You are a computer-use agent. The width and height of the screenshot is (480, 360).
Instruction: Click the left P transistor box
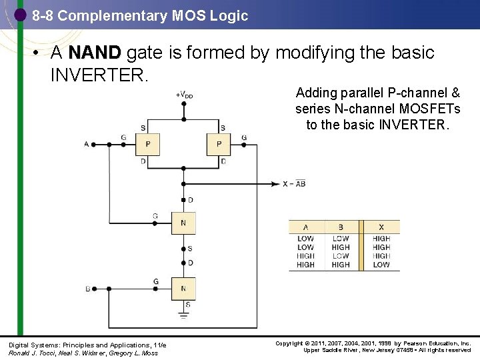click(x=148, y=143)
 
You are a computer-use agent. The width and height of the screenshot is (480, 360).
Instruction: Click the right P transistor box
click(x=218, y=143)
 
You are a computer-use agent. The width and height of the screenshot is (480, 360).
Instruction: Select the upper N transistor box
click(x=183, y=223)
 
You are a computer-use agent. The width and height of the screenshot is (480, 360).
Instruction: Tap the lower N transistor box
click(x=183, y=288)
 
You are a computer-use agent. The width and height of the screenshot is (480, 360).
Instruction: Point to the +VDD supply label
click(x=185, y=95)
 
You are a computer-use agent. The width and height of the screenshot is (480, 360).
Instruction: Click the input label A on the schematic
click(x=86, y=144)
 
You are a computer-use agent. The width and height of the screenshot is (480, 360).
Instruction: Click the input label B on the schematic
click(x=87, y=289)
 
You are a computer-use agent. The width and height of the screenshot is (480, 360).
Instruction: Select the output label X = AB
click(x=293, y=183)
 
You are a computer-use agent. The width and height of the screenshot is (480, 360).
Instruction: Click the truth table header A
click(x=305, y=227)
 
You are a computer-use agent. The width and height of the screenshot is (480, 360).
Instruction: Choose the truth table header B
click(x=341, y=227)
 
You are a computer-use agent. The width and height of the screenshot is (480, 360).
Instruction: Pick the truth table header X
click(x=381, y=227)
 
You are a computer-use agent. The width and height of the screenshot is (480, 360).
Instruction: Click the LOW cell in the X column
click(x=381, y=265)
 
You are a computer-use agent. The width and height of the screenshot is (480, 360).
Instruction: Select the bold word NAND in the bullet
click(x=94, y=53)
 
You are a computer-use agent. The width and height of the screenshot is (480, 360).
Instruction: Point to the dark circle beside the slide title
click(x=21, y=14)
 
